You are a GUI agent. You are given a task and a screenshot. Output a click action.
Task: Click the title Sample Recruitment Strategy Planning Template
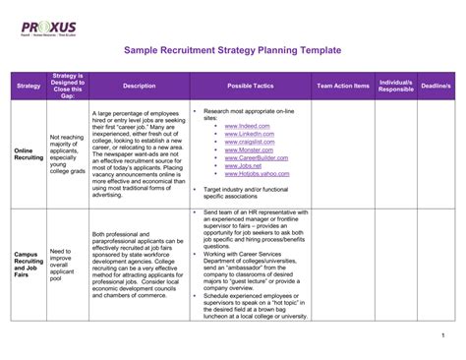(233, 48)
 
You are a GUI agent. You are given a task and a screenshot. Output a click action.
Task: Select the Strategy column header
(29, 87)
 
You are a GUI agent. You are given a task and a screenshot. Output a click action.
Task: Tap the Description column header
(140, 87)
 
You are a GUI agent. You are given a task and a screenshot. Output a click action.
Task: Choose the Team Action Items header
(343, 87)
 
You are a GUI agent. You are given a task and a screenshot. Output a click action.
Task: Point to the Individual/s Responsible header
(396, 87)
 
